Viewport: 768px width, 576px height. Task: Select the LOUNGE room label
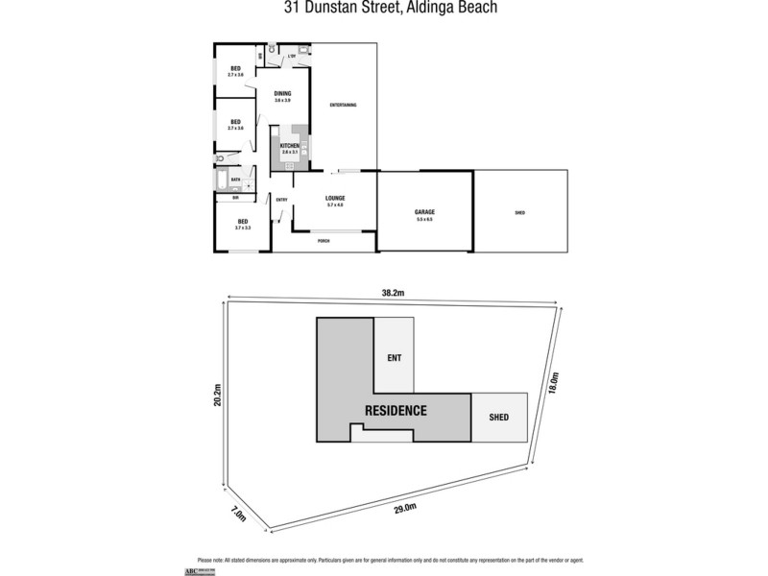[335, 199]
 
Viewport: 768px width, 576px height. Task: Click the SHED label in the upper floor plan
[519, 212]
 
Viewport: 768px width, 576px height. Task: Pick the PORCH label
[324, 240]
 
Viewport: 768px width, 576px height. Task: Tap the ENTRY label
[281, 200]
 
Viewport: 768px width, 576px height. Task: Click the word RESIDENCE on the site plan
[395, 411]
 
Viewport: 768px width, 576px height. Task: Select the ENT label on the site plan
[394, 358]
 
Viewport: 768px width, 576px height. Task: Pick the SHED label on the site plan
[498, 418]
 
